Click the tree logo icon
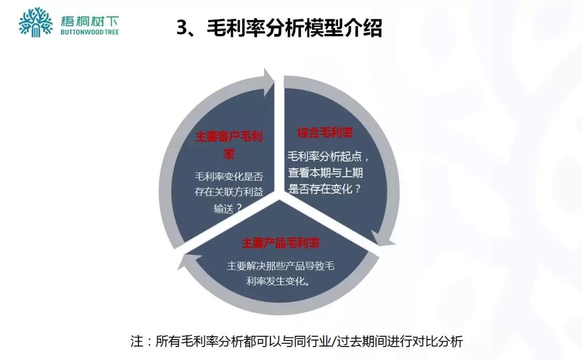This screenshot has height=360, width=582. [x=36, y=22]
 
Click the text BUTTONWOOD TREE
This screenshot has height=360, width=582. [x=90, y=32]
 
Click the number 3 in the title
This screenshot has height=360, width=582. [x=182, y=28]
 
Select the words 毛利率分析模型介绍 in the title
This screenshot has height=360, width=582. [x=294, y=28]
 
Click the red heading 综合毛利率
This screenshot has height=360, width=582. [x=325, y=133]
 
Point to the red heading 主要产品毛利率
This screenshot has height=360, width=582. [x=281, y=243]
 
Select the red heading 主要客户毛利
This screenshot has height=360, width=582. [x=229, y=136]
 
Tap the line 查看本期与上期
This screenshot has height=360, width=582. [x=325, y=172]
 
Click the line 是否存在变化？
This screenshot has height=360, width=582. [x=325, y=189]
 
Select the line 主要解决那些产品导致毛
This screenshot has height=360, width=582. [x=281, y=266]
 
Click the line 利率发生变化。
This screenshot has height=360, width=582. [x=279, y=281]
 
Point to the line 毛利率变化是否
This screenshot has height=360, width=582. [x=229, y=176]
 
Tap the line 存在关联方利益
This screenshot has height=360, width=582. [x=229, y=192]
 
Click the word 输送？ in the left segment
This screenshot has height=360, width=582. [x=228, y=208]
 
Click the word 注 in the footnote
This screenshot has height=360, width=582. [x=136, y=342]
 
